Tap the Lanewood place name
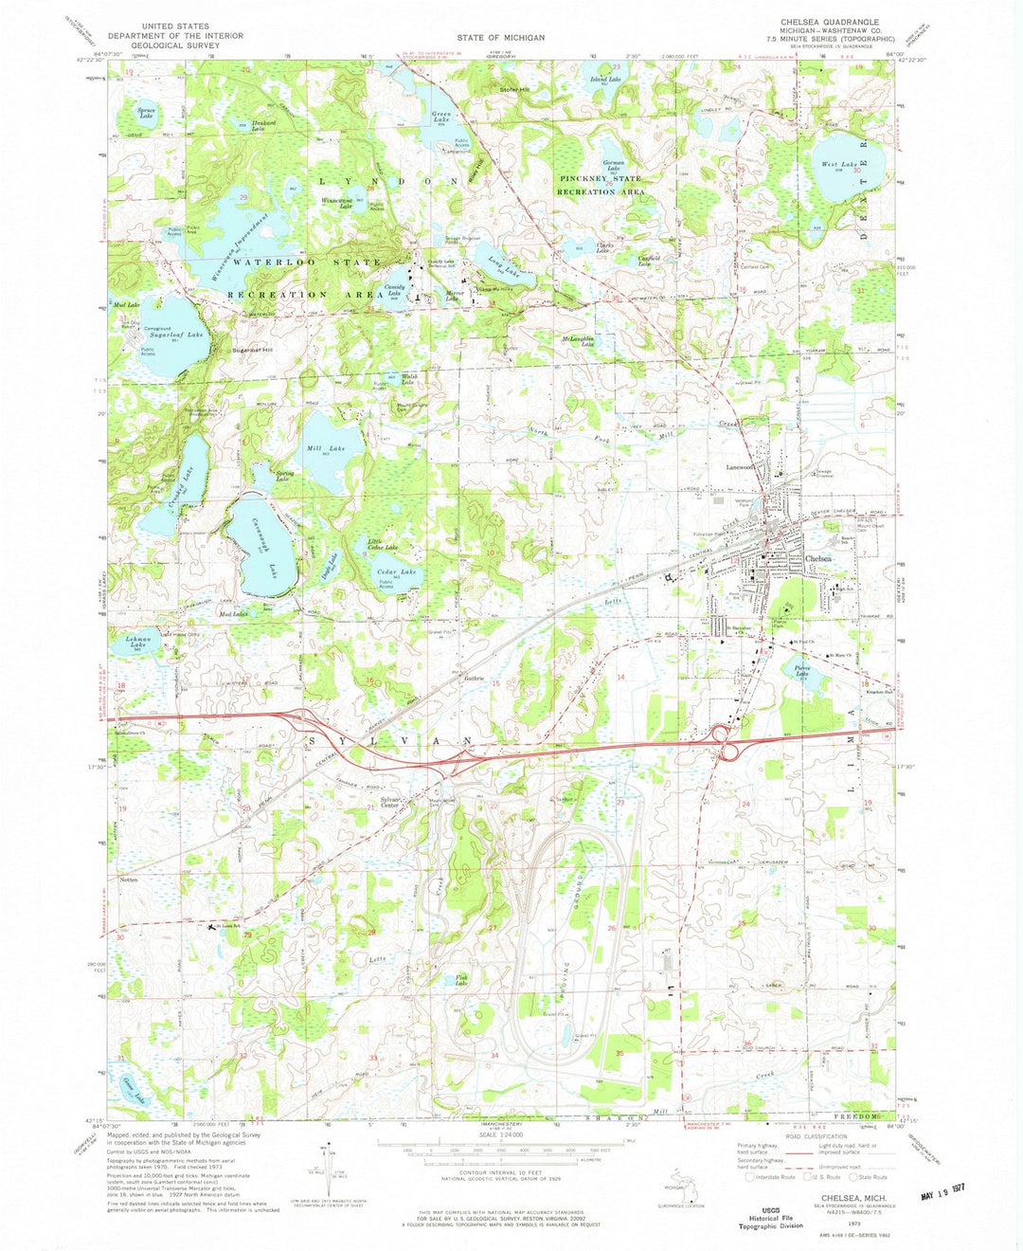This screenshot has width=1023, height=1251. (x=739, y=466)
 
